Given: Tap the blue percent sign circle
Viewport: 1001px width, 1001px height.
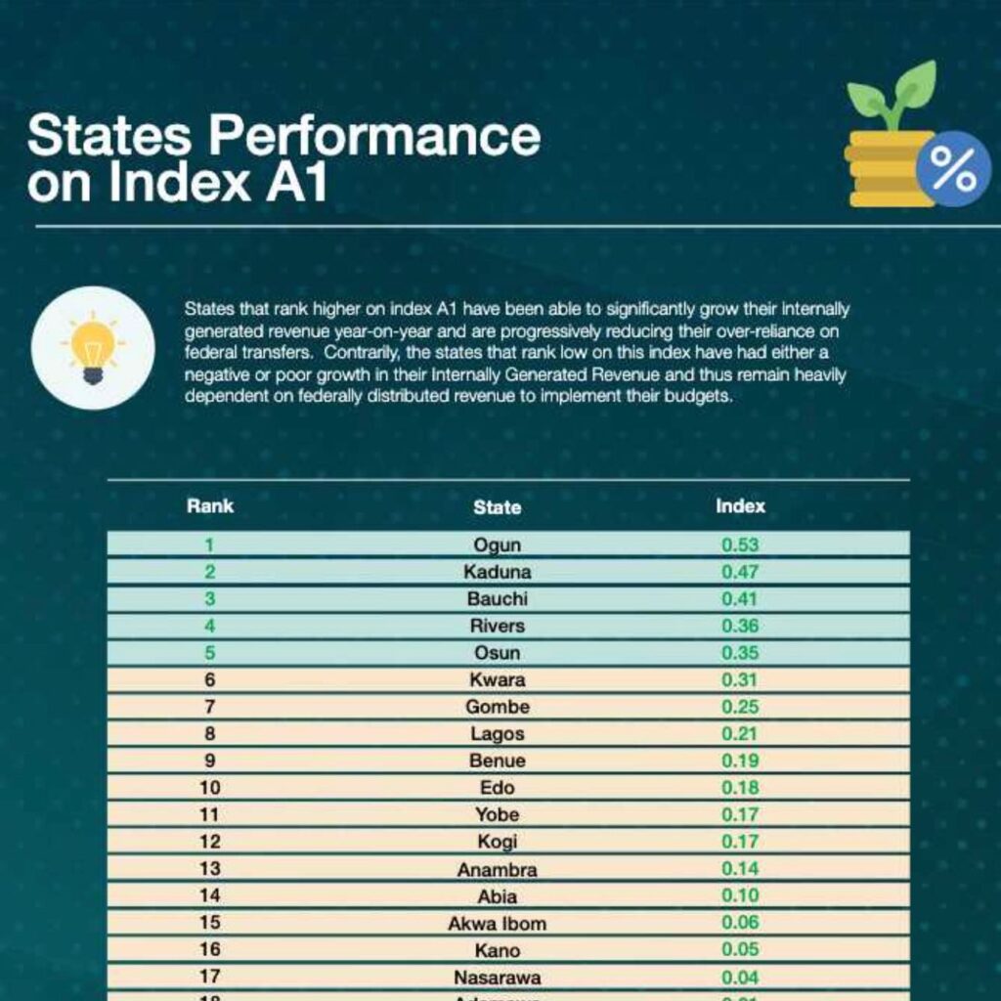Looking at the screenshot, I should [x=952, y=169].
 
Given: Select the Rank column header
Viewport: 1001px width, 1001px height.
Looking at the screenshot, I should [x=210, y=506].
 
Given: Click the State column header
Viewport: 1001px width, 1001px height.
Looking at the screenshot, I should [x=497, y=507].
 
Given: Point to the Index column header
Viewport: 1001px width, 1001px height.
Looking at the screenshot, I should [x=740, y=506].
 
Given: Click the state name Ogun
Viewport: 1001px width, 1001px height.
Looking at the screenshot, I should [x=497, y=545].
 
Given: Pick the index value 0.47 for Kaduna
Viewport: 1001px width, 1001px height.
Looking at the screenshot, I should [x=740, y=572].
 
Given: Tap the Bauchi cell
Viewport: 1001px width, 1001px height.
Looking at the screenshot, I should [x=497, y=599].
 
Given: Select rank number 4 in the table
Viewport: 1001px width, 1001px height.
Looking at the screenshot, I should [x=210, y=626].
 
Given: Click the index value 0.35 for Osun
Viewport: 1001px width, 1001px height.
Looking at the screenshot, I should [x=740, y=653].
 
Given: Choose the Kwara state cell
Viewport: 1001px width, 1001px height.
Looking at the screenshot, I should [x=497, y=679].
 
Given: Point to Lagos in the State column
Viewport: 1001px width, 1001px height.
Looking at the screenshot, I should [x=497, y=733].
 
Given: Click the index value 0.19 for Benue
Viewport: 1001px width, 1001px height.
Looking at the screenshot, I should [x=740, y=761].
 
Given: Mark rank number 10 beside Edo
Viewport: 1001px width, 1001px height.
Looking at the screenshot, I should [x=210, y=787].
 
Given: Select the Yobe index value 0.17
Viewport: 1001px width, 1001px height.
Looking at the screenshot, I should [x=740, y=814].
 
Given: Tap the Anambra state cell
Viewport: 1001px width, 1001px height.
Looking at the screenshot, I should [x=497, y=869].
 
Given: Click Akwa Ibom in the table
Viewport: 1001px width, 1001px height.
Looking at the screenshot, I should [x=497, y=923].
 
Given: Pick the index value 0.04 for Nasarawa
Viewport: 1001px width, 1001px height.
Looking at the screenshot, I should [x=740, y=977].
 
